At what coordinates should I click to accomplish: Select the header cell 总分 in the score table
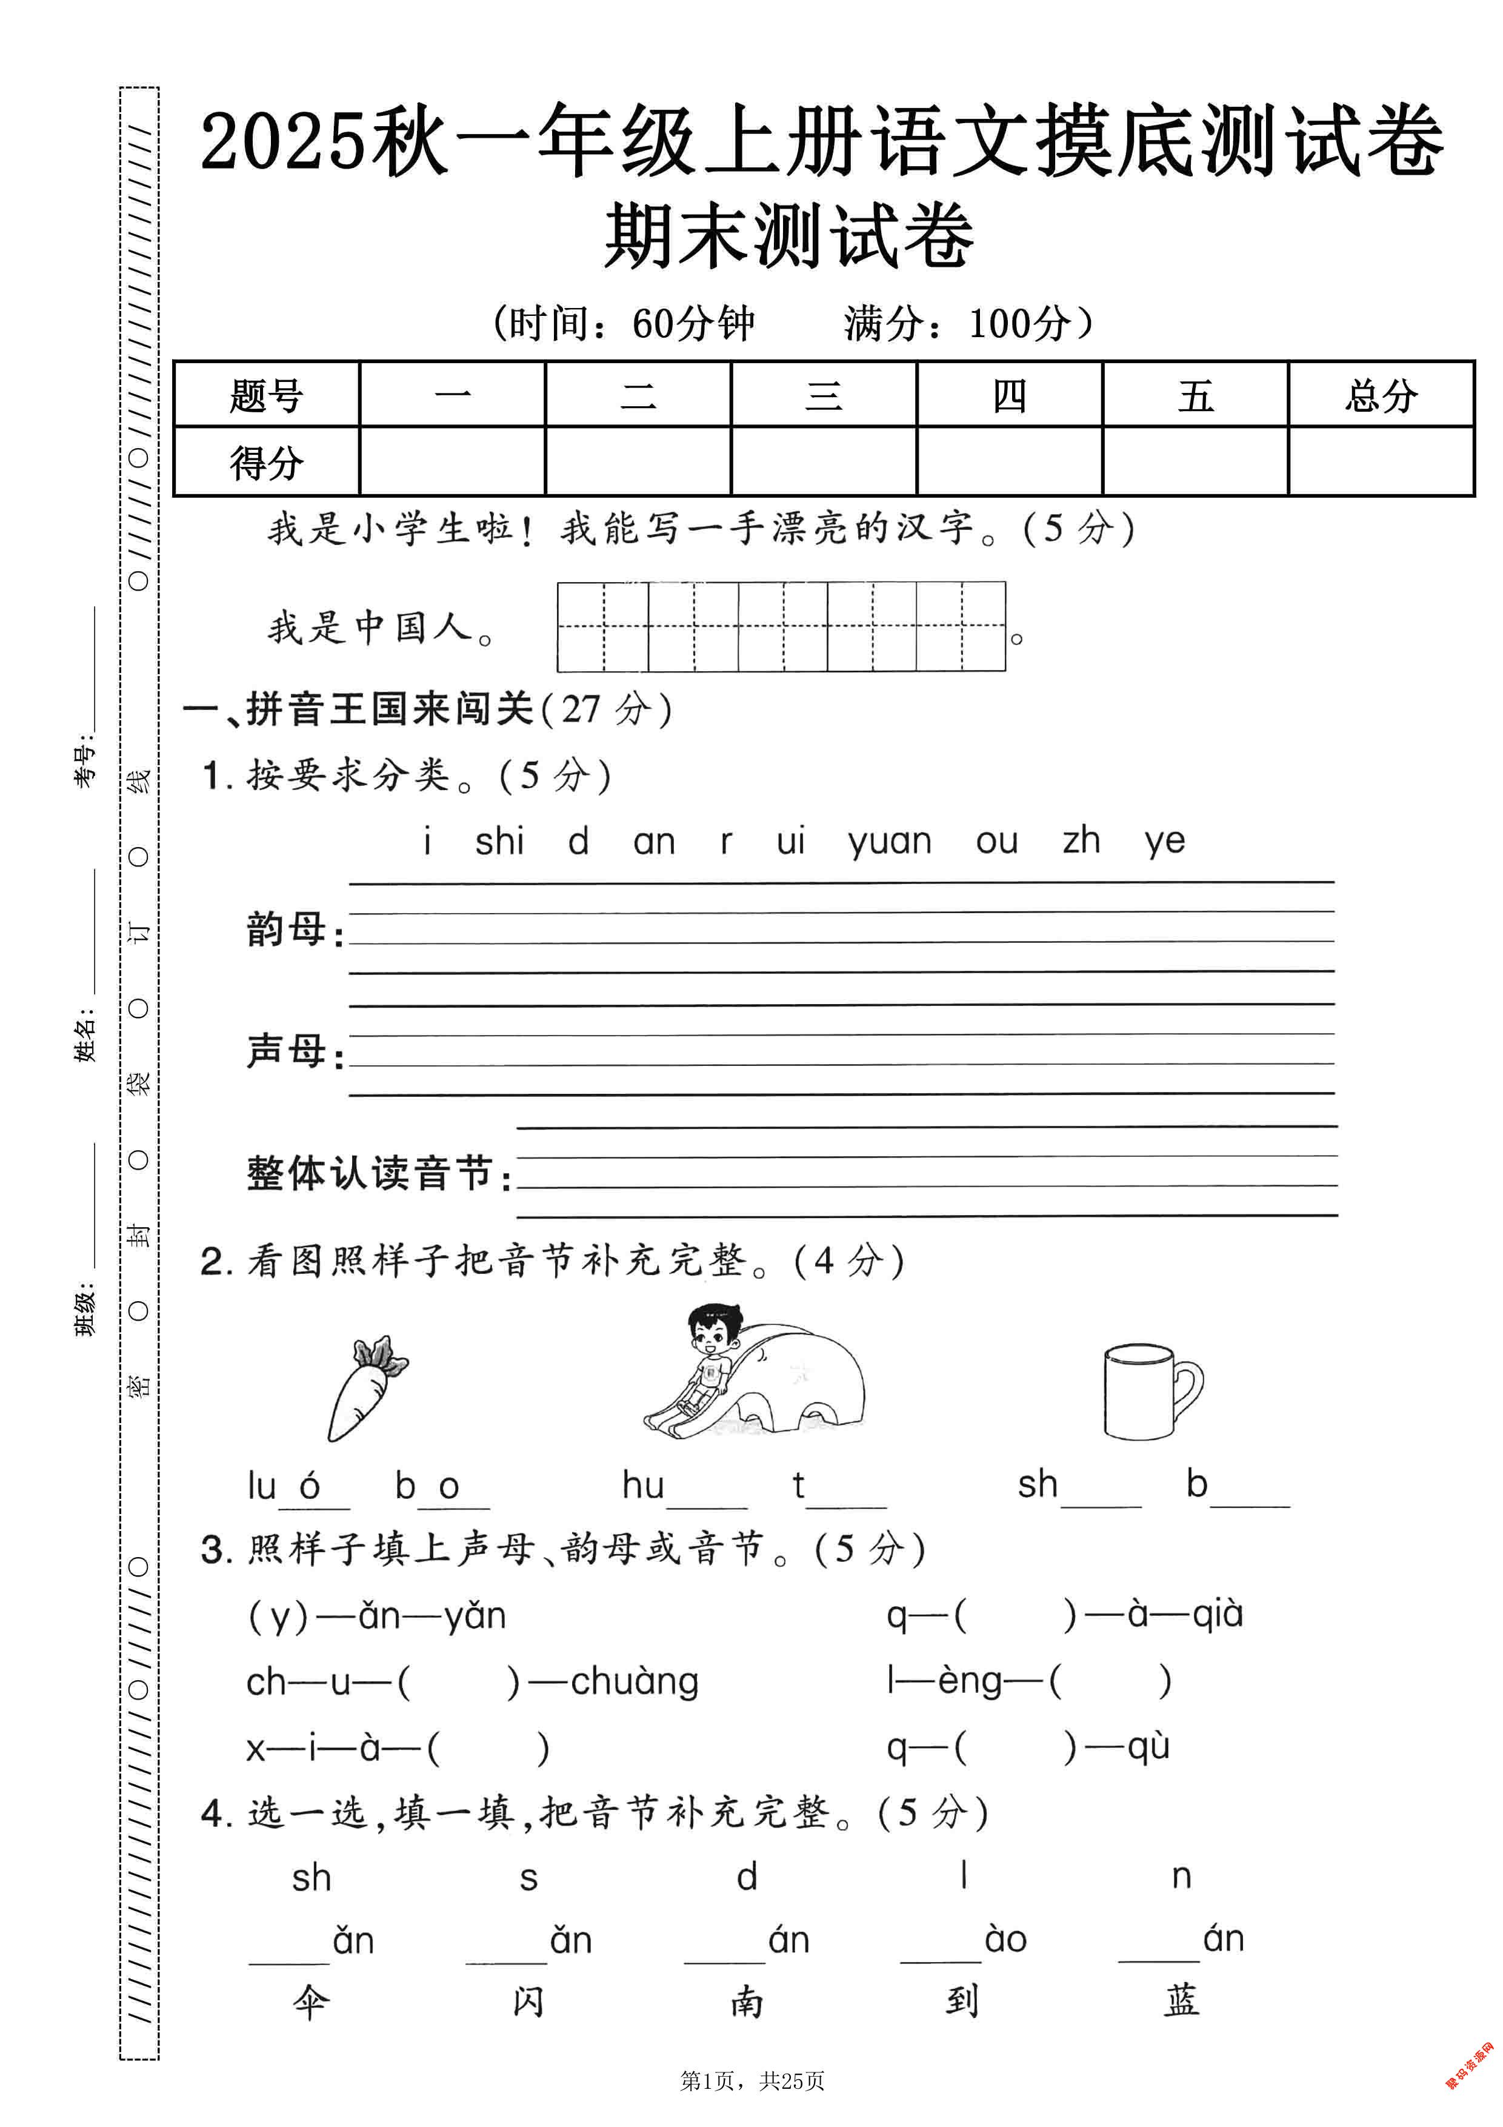[1380, 395]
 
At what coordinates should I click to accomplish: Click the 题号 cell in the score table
[267, 395]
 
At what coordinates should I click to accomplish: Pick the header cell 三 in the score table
[823, 395]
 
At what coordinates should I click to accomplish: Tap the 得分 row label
[267, 462]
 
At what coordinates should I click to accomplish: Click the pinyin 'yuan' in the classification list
[889, 841]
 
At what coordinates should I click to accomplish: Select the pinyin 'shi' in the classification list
[499, 841]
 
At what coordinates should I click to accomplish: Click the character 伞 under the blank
[311, 2003]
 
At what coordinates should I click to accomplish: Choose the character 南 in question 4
[747, 2002]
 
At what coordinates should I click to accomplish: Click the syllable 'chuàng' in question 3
[635, 1681]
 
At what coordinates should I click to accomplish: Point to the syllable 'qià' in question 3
[1217, 1614]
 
